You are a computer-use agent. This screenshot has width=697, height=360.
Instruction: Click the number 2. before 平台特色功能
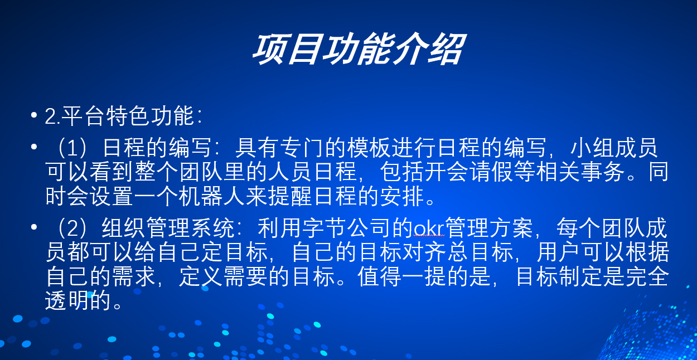pos(52,116)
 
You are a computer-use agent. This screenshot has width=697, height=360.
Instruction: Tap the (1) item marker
pos(72,148)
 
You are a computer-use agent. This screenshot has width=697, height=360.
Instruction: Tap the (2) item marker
pos(72,228)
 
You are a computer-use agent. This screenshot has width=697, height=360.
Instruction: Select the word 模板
pos(369,148)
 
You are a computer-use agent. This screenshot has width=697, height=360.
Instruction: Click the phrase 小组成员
pos(614,148)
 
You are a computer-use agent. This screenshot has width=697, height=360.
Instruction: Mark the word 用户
pos(559,252)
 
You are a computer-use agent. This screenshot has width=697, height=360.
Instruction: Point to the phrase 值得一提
pos(401,276)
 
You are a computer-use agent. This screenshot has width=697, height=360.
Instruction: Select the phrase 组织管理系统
pos(168,228)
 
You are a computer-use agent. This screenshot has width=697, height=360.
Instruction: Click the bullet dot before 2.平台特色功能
pos(34,115)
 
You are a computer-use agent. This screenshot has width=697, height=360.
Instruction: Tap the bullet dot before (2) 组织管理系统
pos(34,227)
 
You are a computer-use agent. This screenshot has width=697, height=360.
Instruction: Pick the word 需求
pos(134,276)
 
